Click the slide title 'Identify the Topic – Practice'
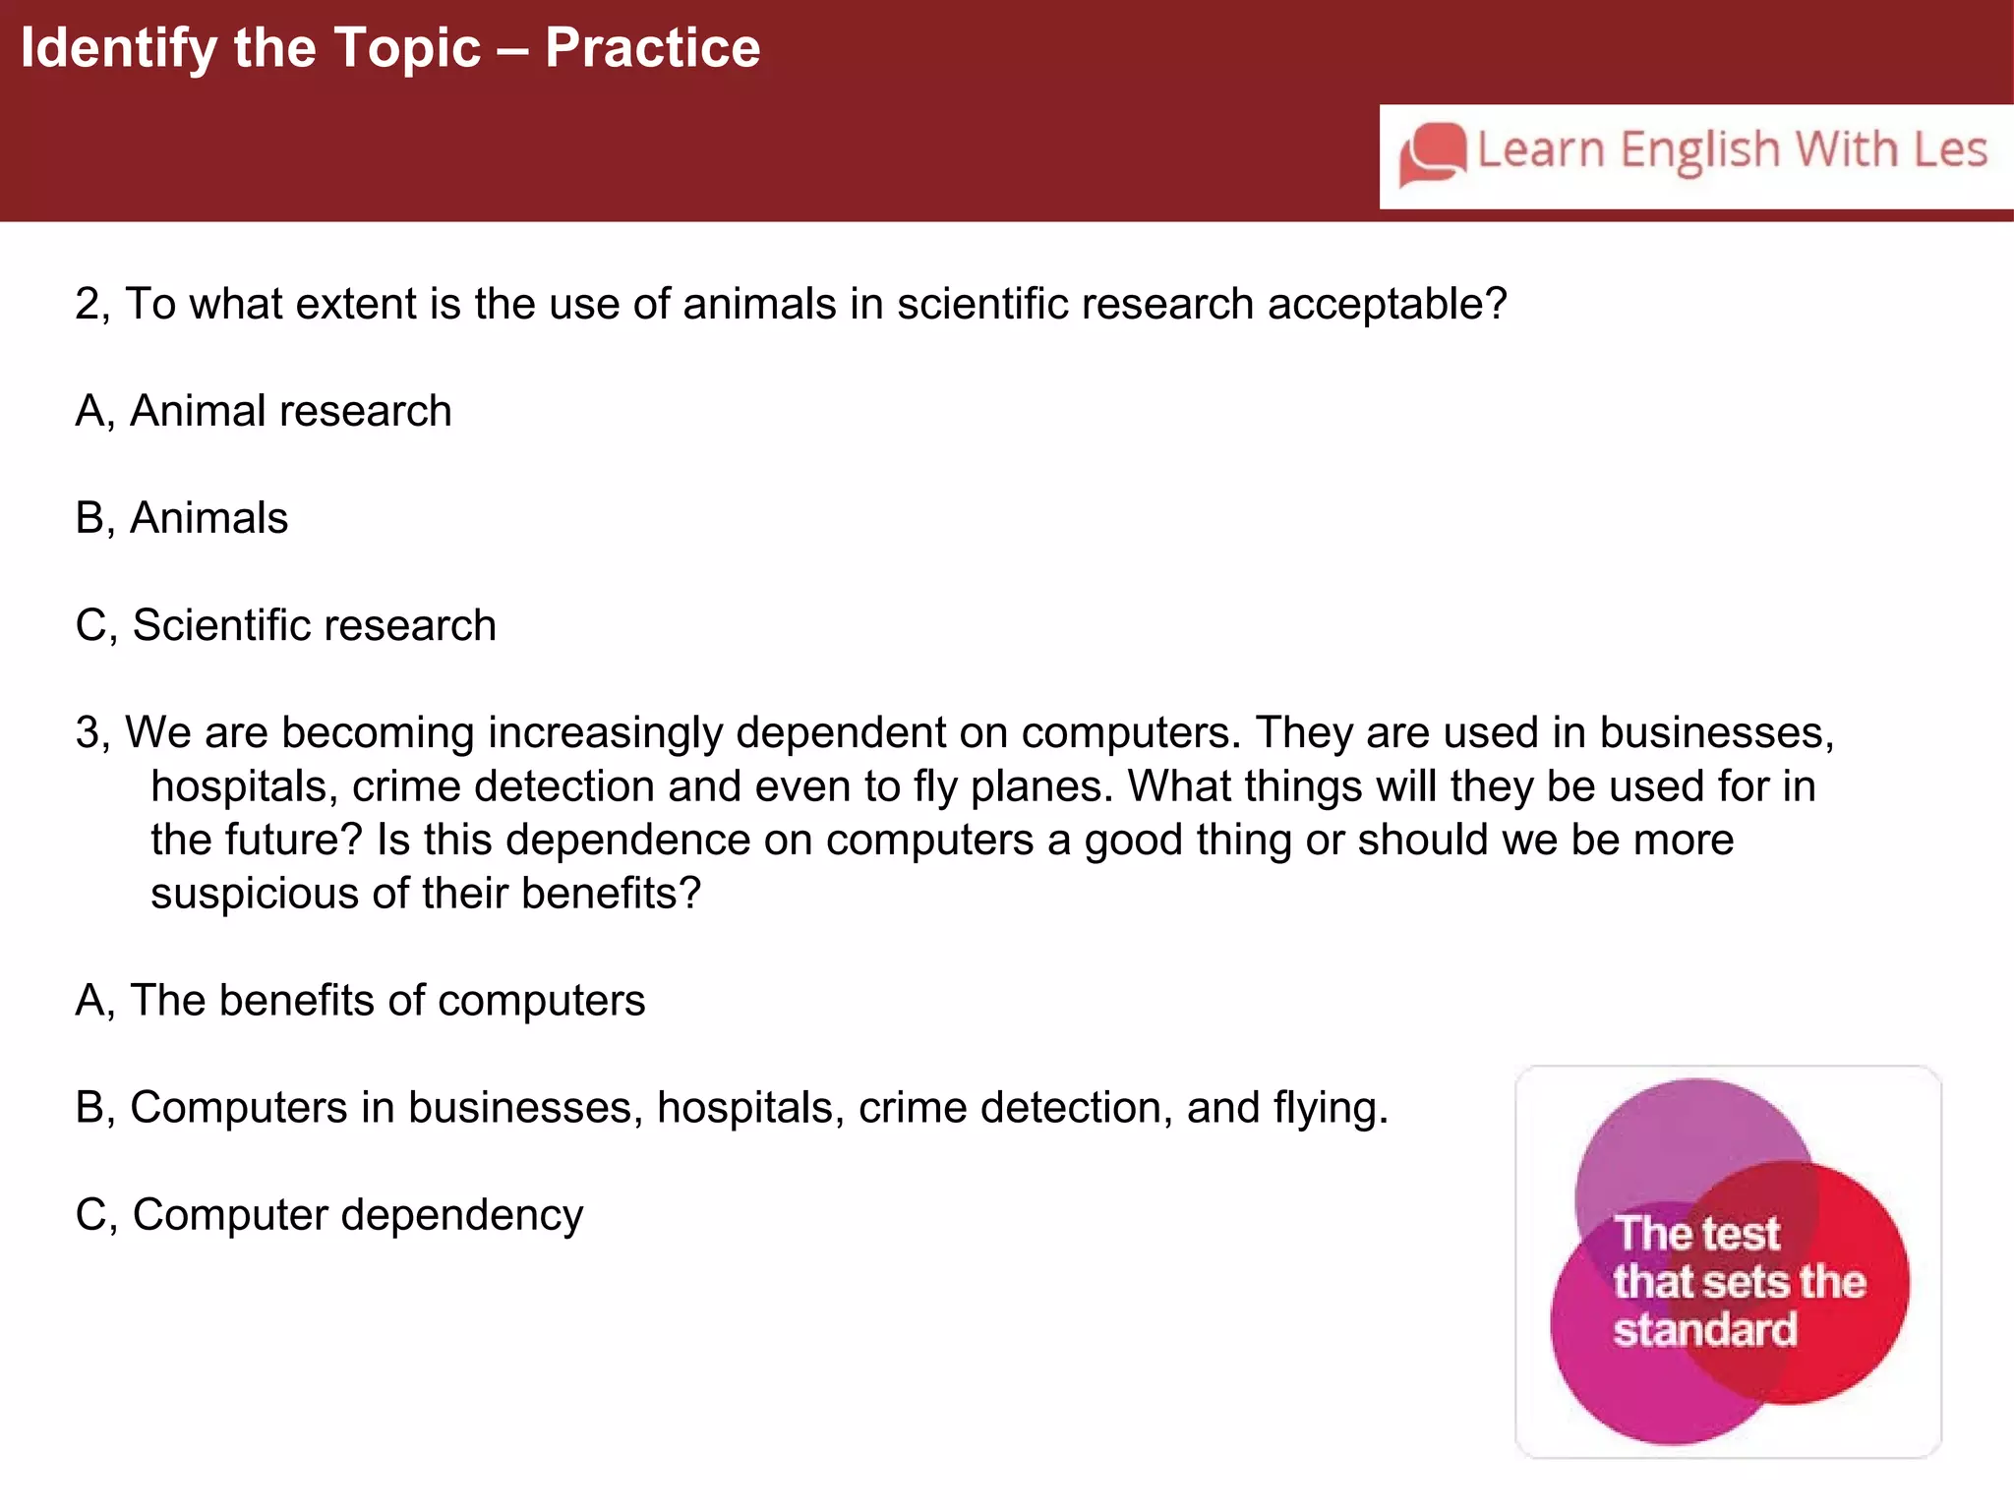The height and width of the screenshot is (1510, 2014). [390, 48]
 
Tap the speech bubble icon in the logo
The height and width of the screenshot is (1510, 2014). [1433, 153]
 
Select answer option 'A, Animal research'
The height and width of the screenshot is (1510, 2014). [264, 411]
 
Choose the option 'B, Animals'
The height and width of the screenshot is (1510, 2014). [182, 518]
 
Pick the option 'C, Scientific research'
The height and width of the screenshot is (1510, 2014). [285, 625]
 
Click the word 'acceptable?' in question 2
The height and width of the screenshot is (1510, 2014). [1387, 305]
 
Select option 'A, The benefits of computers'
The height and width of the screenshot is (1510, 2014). [360, 1001]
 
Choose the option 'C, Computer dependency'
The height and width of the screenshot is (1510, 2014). [328, 1215]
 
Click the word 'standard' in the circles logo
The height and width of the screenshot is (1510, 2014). [1704, 1330]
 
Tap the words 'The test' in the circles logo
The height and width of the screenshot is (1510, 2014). [1697, 1234]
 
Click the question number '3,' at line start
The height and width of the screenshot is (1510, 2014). [94, 733]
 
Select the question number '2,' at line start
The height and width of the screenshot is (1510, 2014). [94, 305]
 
